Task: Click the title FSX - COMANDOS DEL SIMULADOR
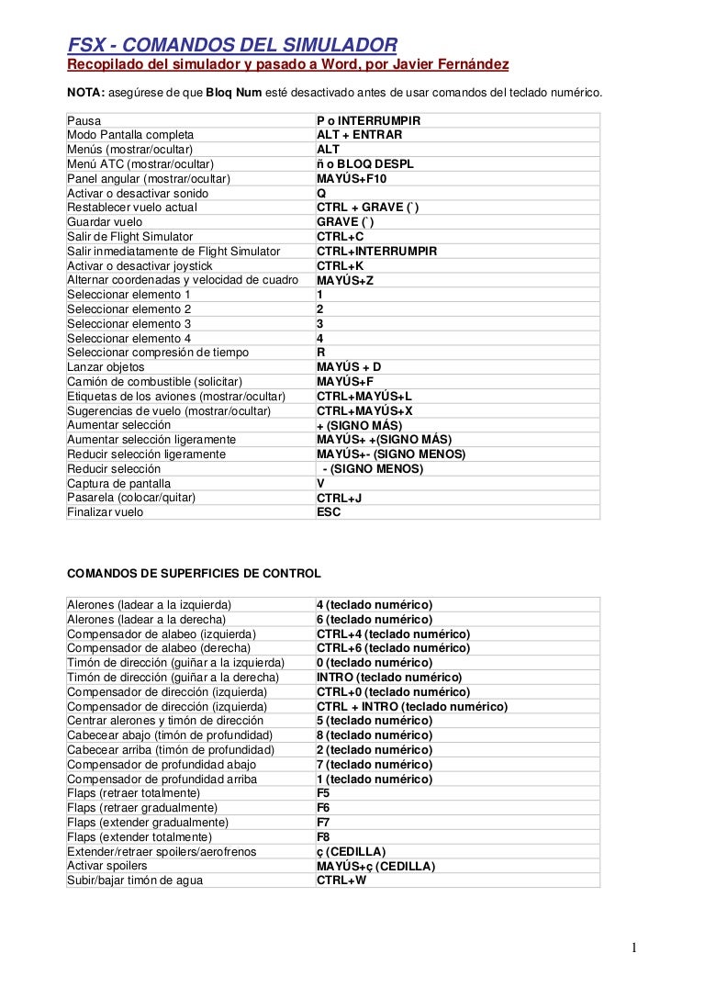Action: coord(232,44)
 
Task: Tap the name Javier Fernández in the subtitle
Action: coord(452,64)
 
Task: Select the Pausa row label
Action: coord(84,120)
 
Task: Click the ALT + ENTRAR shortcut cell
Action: coord(359,135)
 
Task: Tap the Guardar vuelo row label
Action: coord(105,222)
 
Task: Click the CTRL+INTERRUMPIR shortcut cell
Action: coord(376,251)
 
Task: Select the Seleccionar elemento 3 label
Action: coord(129,323)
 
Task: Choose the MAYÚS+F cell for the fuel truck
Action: coord(345,381)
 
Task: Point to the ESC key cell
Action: coord(329,512)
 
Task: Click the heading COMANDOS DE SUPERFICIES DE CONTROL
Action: coord(195,574)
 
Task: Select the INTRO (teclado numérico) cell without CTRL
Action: coord(389,678)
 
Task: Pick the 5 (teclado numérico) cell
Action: coord(374,721)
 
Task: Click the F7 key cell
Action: coord(323,823)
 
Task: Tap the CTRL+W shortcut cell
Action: coord(341,880)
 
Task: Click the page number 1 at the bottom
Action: coord(633,948)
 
